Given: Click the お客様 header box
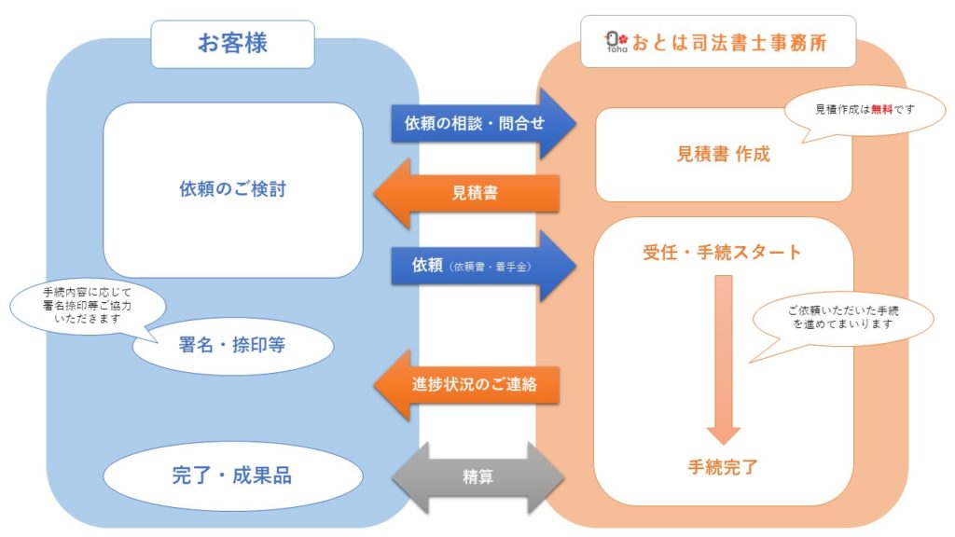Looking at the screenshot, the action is tap(232, 44).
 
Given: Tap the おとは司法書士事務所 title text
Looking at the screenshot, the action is tap(729, 43).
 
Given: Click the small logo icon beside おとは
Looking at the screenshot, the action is tap(616, 41).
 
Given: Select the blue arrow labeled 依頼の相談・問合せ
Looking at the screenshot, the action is tap(483, 124).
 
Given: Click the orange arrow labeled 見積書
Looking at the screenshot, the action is tap(466, 194).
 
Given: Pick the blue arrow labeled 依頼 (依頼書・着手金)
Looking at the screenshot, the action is tap(483, 266).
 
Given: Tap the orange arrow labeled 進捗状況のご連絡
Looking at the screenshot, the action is tap(466, 385).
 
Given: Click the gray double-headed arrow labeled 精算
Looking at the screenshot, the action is tap(477, 476).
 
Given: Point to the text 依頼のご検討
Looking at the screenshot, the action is tap(232, 188).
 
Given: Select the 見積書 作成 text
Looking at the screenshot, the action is tap(724, 154).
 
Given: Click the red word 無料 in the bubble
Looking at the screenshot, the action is tap(881, 110).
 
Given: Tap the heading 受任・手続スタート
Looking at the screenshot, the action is tap(722, 252).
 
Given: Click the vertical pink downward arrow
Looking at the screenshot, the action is tap(723, 360).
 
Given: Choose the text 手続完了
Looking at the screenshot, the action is tap(723, 468).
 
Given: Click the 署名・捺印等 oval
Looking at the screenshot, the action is tap(232, 346).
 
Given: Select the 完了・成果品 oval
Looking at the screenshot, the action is tap(232, 475).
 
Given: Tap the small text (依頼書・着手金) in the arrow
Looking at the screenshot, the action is tap(491, 267).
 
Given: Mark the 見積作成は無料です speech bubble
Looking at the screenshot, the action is tap(865, 111).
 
